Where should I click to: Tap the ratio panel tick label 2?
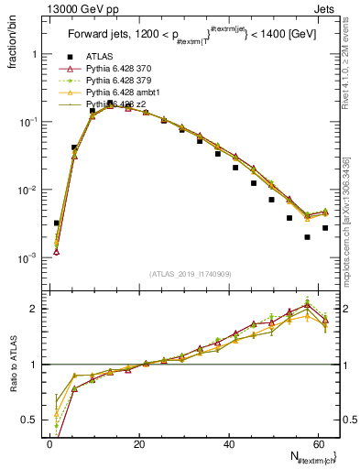(x=35, y=309)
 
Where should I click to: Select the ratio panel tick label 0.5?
(x=31, y=420)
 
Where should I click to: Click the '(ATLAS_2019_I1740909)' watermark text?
(x=191, y=273)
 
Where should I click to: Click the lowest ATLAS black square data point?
(x=307, y=236)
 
